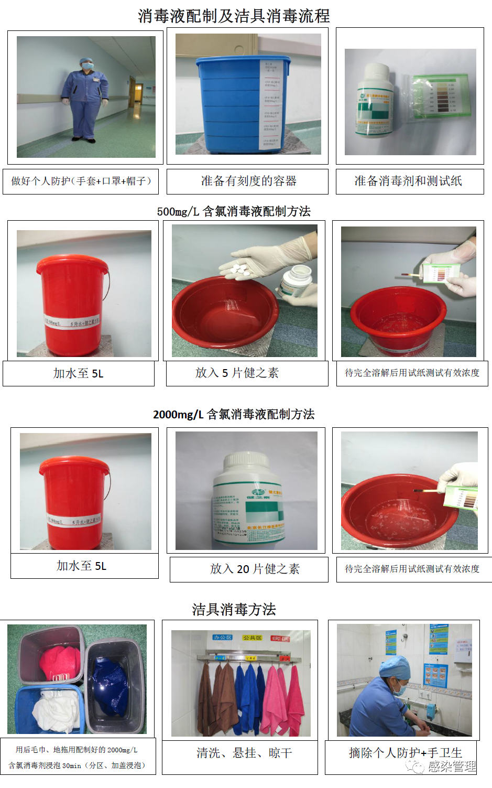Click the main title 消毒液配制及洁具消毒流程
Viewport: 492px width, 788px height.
coord(234,16)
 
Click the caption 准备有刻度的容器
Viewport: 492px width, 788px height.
coord(248,181)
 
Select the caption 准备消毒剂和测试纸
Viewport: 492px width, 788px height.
coord(408,181)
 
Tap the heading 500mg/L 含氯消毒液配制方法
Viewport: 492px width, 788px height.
coord(234,211)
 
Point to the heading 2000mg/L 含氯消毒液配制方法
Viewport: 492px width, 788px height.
coord(234,414)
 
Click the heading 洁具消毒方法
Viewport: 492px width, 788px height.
coord(234,609)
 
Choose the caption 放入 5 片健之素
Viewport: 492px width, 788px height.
coord(237,373)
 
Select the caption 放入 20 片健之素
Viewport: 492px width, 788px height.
coord(255,569)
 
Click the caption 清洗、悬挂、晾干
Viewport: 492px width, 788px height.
coord(244,753)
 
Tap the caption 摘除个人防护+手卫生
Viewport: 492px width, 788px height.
coord(405,753)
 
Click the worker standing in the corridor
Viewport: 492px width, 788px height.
coord(85,100)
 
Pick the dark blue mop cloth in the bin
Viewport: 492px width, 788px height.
coord(111,682)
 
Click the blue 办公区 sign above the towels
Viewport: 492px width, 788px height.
coord(222,638)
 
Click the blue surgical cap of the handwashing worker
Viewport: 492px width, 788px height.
coord(395,667)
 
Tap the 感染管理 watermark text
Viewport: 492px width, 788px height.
coord(451,767)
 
